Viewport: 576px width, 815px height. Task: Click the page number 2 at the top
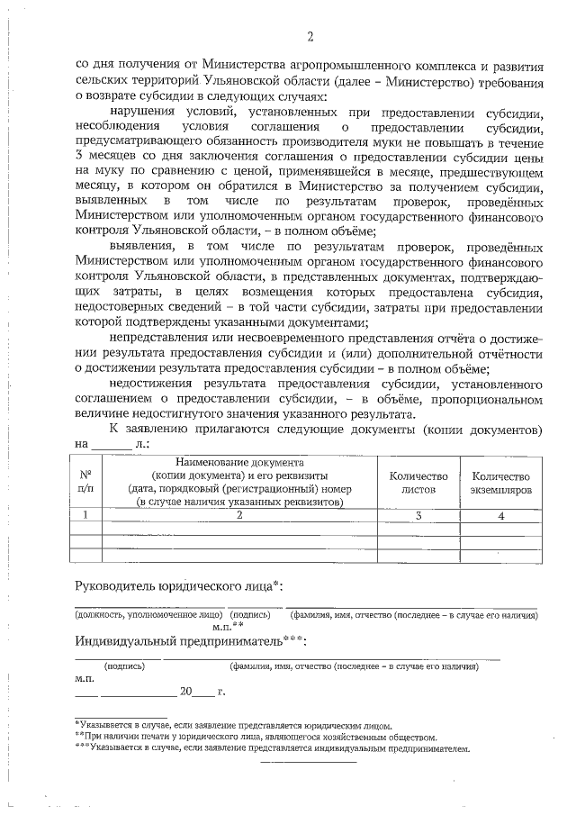pyautogui.click(x=310, y=37)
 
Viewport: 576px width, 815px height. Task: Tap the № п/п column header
pyautogui.click(x=86, y=481)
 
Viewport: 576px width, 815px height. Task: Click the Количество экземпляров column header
pyautogui.click(x=501, y=482)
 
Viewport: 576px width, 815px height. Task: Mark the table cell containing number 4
pyautogui.click(x=501, y=515)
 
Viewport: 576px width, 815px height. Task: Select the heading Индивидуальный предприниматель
pyautogui.click(x=190, y=640)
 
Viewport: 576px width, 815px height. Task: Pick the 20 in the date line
pyautogui.click(x=186, y=693)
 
